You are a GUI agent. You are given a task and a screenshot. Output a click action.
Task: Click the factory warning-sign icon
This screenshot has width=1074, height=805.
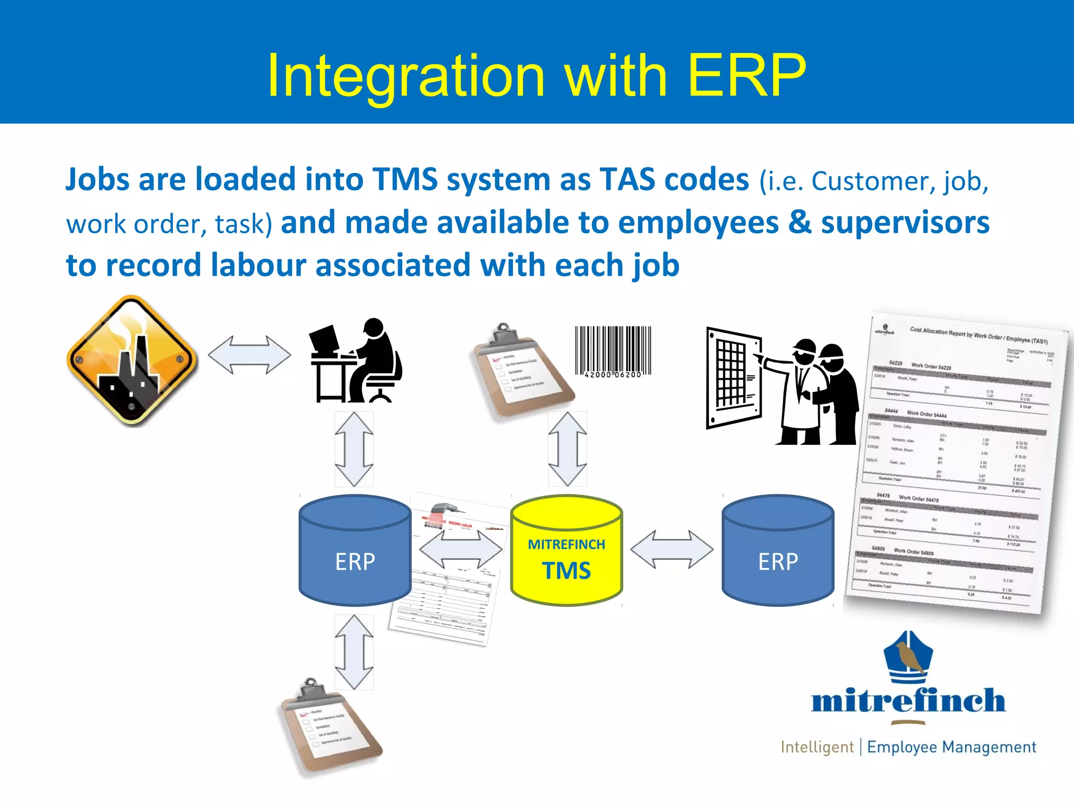[132, 360]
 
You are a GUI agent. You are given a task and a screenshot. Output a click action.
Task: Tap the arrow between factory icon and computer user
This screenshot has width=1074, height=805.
[249, 355]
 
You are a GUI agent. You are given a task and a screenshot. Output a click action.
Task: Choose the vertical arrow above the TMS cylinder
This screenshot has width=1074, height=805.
[567, 449]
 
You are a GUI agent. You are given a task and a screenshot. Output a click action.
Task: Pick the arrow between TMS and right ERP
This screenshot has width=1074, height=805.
[672, 549]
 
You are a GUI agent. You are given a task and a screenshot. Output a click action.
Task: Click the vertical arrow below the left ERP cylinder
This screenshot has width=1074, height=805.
[354, 651]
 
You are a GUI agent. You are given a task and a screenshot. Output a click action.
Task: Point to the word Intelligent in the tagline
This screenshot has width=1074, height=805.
[817, 747]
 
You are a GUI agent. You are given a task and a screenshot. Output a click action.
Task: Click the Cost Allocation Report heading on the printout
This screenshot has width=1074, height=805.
[978, 335]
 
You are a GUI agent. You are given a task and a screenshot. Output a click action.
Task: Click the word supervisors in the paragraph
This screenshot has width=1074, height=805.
[905, 222]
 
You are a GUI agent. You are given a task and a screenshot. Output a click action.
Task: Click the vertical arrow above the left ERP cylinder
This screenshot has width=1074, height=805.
[354, 449]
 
